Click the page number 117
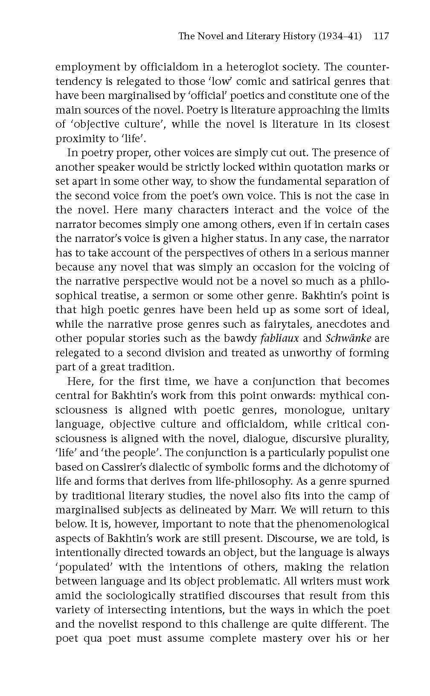381,36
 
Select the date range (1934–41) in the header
340,36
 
